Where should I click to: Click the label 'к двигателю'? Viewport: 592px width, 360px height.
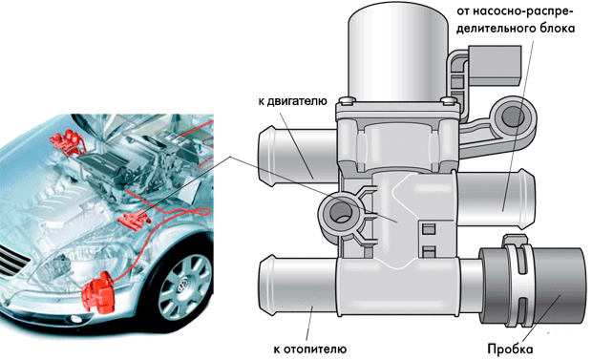coord(292,101)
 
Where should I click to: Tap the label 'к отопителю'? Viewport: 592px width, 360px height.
coord(310,349)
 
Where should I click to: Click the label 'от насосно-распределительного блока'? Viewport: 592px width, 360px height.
coord(516,20)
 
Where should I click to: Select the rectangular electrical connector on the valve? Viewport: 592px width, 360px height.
coord(495,65)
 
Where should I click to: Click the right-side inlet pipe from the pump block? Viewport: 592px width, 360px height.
coord(495,199)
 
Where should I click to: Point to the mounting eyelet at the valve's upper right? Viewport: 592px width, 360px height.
coord(514,116)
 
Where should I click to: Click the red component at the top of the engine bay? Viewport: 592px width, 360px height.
coord(67,141)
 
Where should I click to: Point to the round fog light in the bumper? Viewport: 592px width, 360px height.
coord(75,318)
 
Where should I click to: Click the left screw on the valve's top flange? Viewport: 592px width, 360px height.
coord(345,101)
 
